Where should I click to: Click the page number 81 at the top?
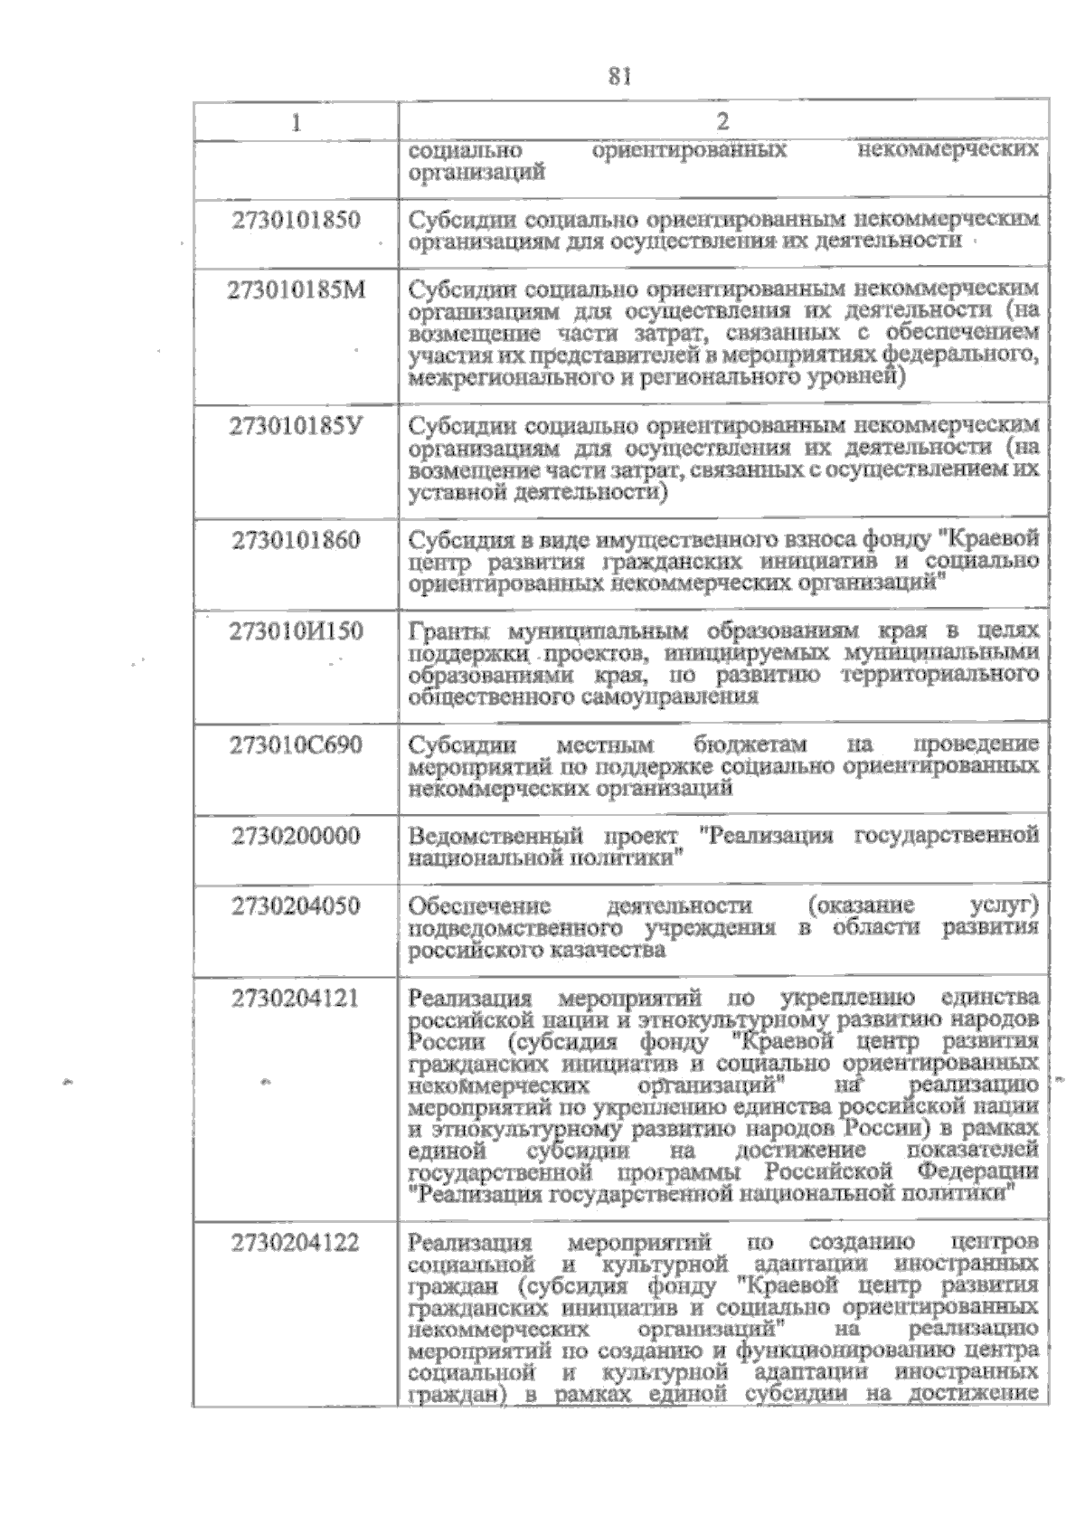coord(618,77)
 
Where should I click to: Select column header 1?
coord(296,122)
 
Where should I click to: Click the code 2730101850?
coord(296,220)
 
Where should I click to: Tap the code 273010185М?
coord(296,289)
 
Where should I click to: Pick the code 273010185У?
coord(296,425)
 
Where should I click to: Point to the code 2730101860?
coord(296,540)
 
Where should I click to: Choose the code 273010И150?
coord(296,631)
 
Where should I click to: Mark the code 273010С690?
coord(296,745)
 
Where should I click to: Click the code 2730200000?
coord(296,836)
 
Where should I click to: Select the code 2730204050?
coord(296,906)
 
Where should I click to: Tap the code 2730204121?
coord(296,999)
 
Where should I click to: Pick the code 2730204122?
coord(296,1243)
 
